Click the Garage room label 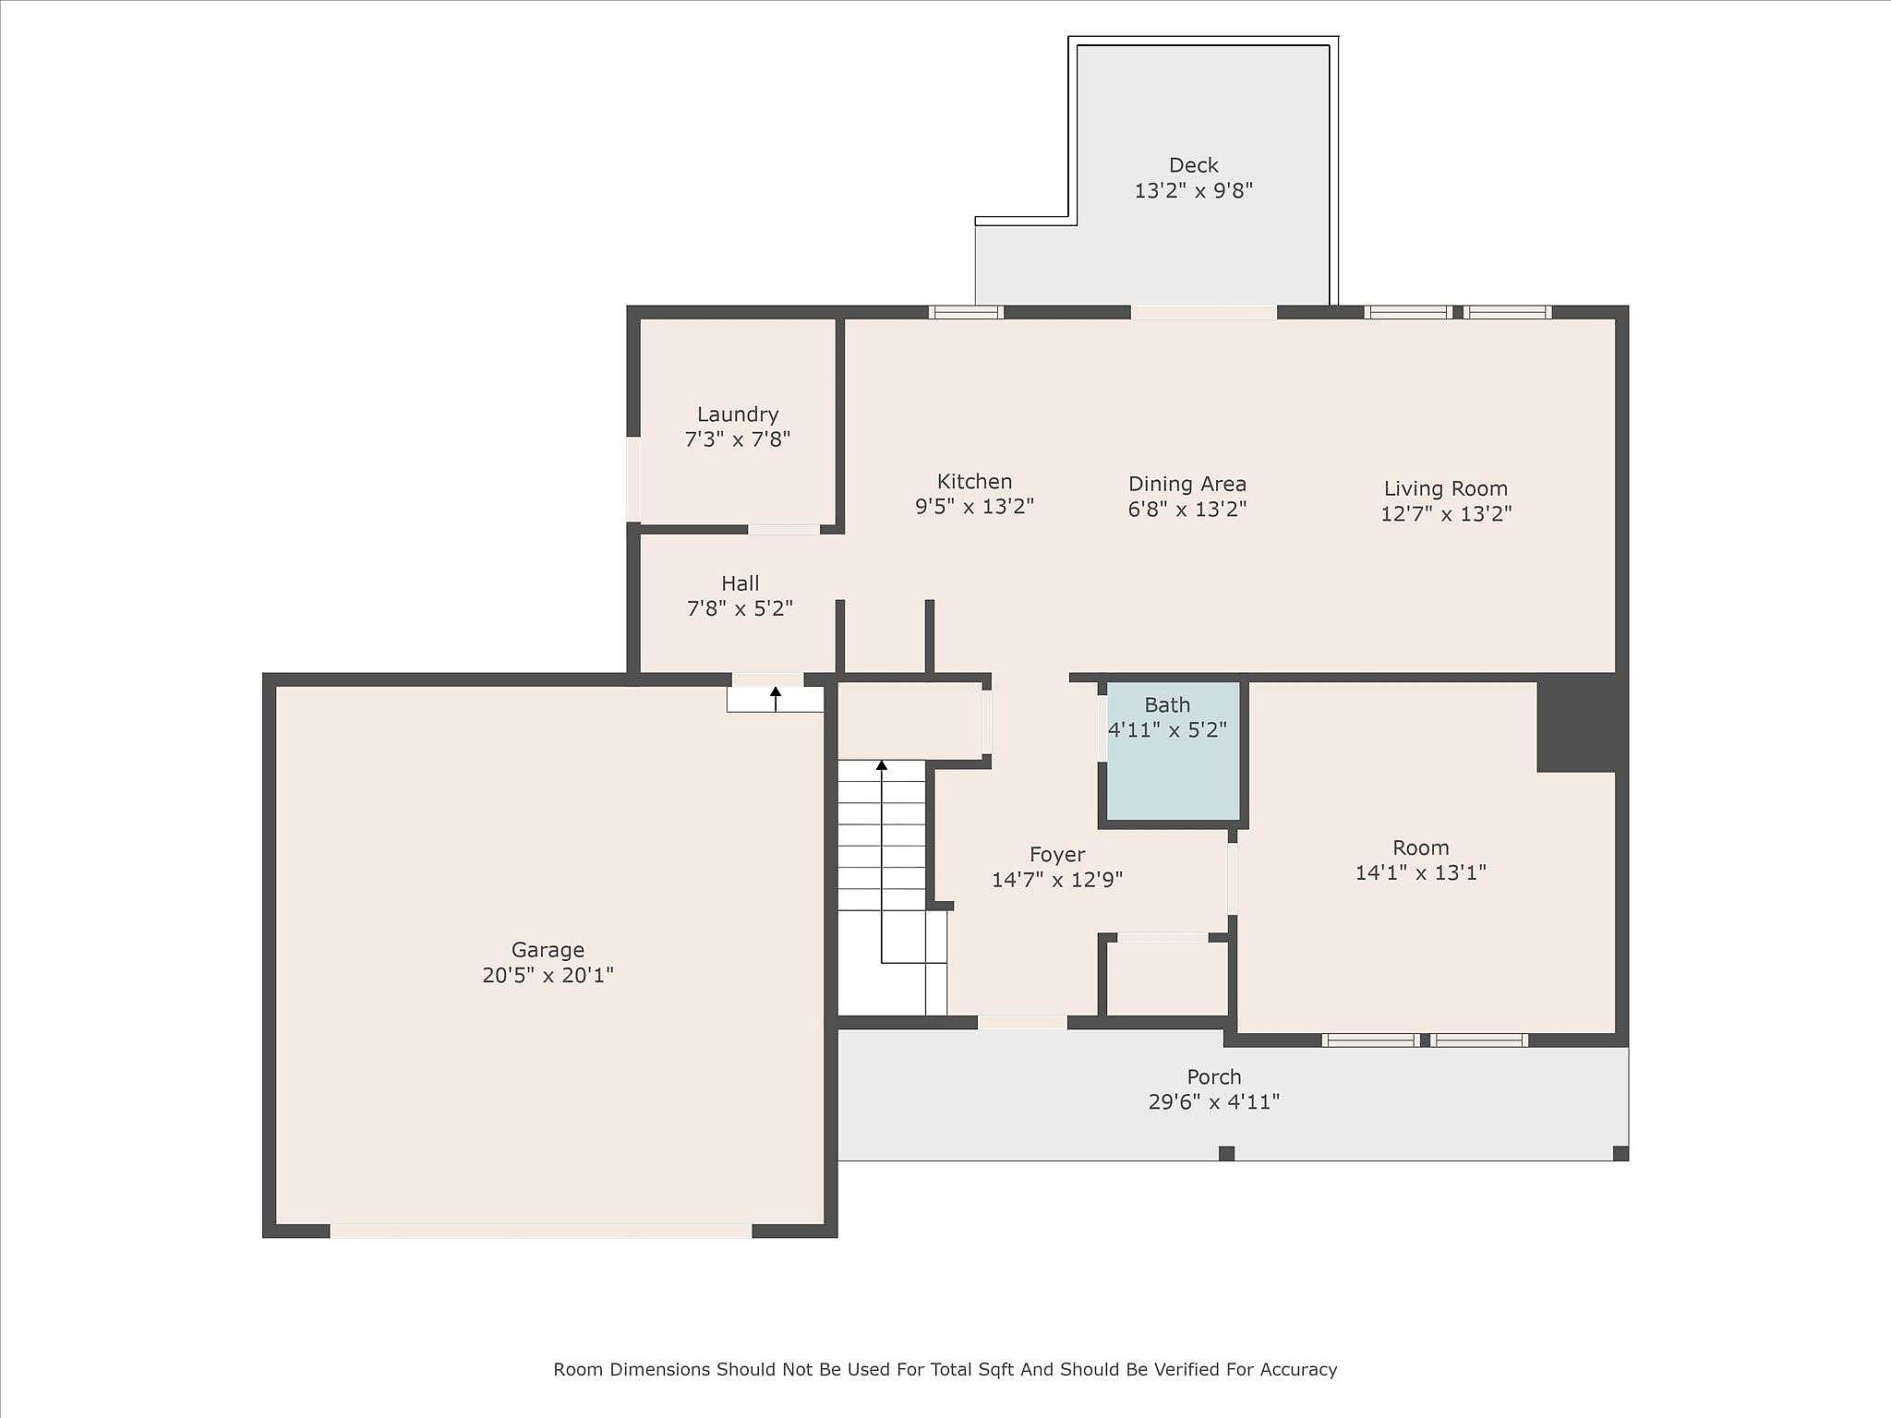(x=548, y=949)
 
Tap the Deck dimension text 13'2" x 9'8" (x=1194, y=190)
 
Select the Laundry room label (x=738, y=415)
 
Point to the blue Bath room (x=1173, y=751)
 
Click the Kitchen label (x=974, y=481)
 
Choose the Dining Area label (x=1187, y=484)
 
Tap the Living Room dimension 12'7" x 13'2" (x=1446, y=513)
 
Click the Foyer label (x=1057, y=855)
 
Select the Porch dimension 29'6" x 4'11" (x=1214, y=1101)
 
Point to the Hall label (x=741, y=583)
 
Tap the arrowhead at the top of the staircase (x=882, y=765)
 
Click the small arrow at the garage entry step (x=776, y=699)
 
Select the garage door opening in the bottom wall (x=541, y=1231)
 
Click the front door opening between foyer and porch (x=1022, y=1022)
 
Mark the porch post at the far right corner (x=1620, y=1153)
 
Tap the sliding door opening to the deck (x=1204, y=312)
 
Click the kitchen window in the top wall (x=966, y=312)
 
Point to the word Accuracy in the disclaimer (x=1298, y=1370)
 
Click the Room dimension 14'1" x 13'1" (x=1421, y=872)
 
